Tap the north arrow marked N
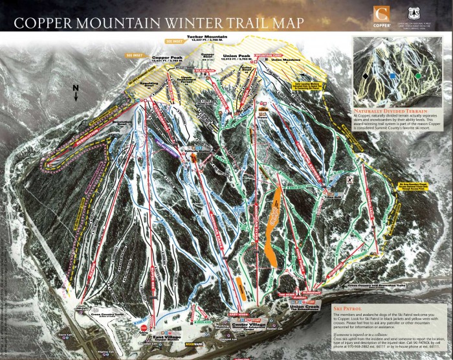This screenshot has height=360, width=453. (76, 92)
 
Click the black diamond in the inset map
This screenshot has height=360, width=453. (366, 76)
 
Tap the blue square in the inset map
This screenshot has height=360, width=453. (392, 76)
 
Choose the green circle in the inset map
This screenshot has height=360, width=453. (418, 76)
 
